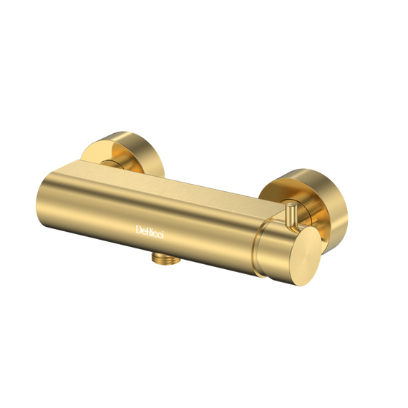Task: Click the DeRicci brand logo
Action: point(150,232)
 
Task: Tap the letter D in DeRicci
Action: point(139,230)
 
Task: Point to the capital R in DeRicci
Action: point(150,232)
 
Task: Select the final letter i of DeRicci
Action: point(162,235)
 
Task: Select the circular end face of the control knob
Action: point(303,256)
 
